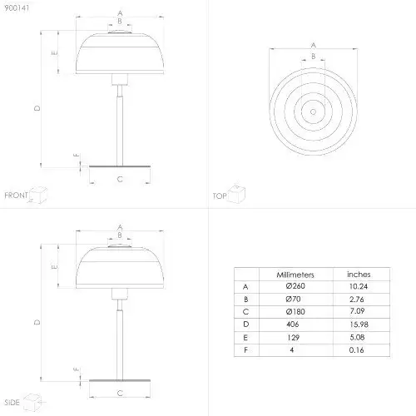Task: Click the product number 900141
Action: [x=17, y=8]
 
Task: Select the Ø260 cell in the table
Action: [x=295, y=286]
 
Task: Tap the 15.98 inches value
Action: [x=359, y=324]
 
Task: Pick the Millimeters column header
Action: [x=295, y=275]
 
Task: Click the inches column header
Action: [x=359, y=275]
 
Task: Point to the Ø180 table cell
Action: [x=295, y=312]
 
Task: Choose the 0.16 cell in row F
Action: [x=356, y=350]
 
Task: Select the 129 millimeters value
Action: [x=293, y=337]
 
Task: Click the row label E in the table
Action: [x=245, y=338]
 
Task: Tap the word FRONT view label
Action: [x=16, y=196]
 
